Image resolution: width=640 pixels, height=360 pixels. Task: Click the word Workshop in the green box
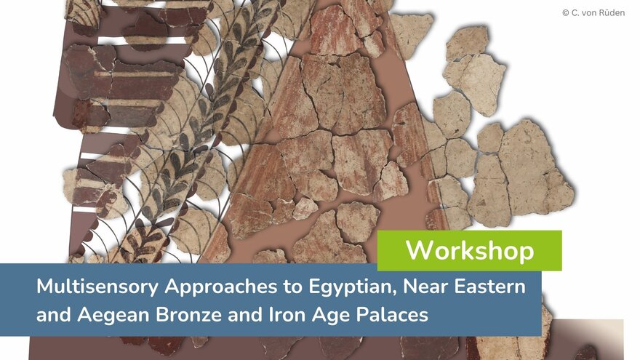pyautogui.click(x=470, y=250)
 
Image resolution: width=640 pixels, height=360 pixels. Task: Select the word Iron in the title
pyautogui.click(x=287, y=315)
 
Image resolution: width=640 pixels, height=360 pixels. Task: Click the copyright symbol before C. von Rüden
pyautogui.click(x=566, y=13)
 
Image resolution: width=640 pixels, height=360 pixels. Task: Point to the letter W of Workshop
pyautogui.click(x=420, y=249)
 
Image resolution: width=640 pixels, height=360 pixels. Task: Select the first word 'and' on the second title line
pyautogui.click(x=54, y=315)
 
